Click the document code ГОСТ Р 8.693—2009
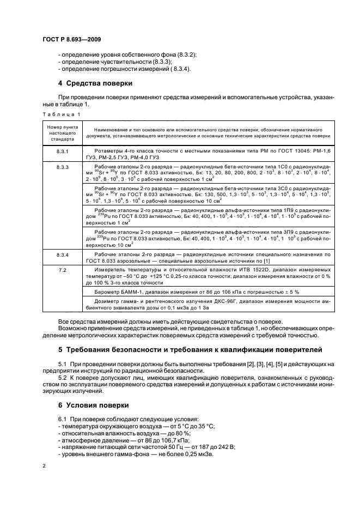point(71,40)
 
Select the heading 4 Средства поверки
point(97,83)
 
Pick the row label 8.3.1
point(63,149)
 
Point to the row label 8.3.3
point(63,167)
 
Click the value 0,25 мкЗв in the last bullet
point(199,454)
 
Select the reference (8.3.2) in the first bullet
point(183,55)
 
